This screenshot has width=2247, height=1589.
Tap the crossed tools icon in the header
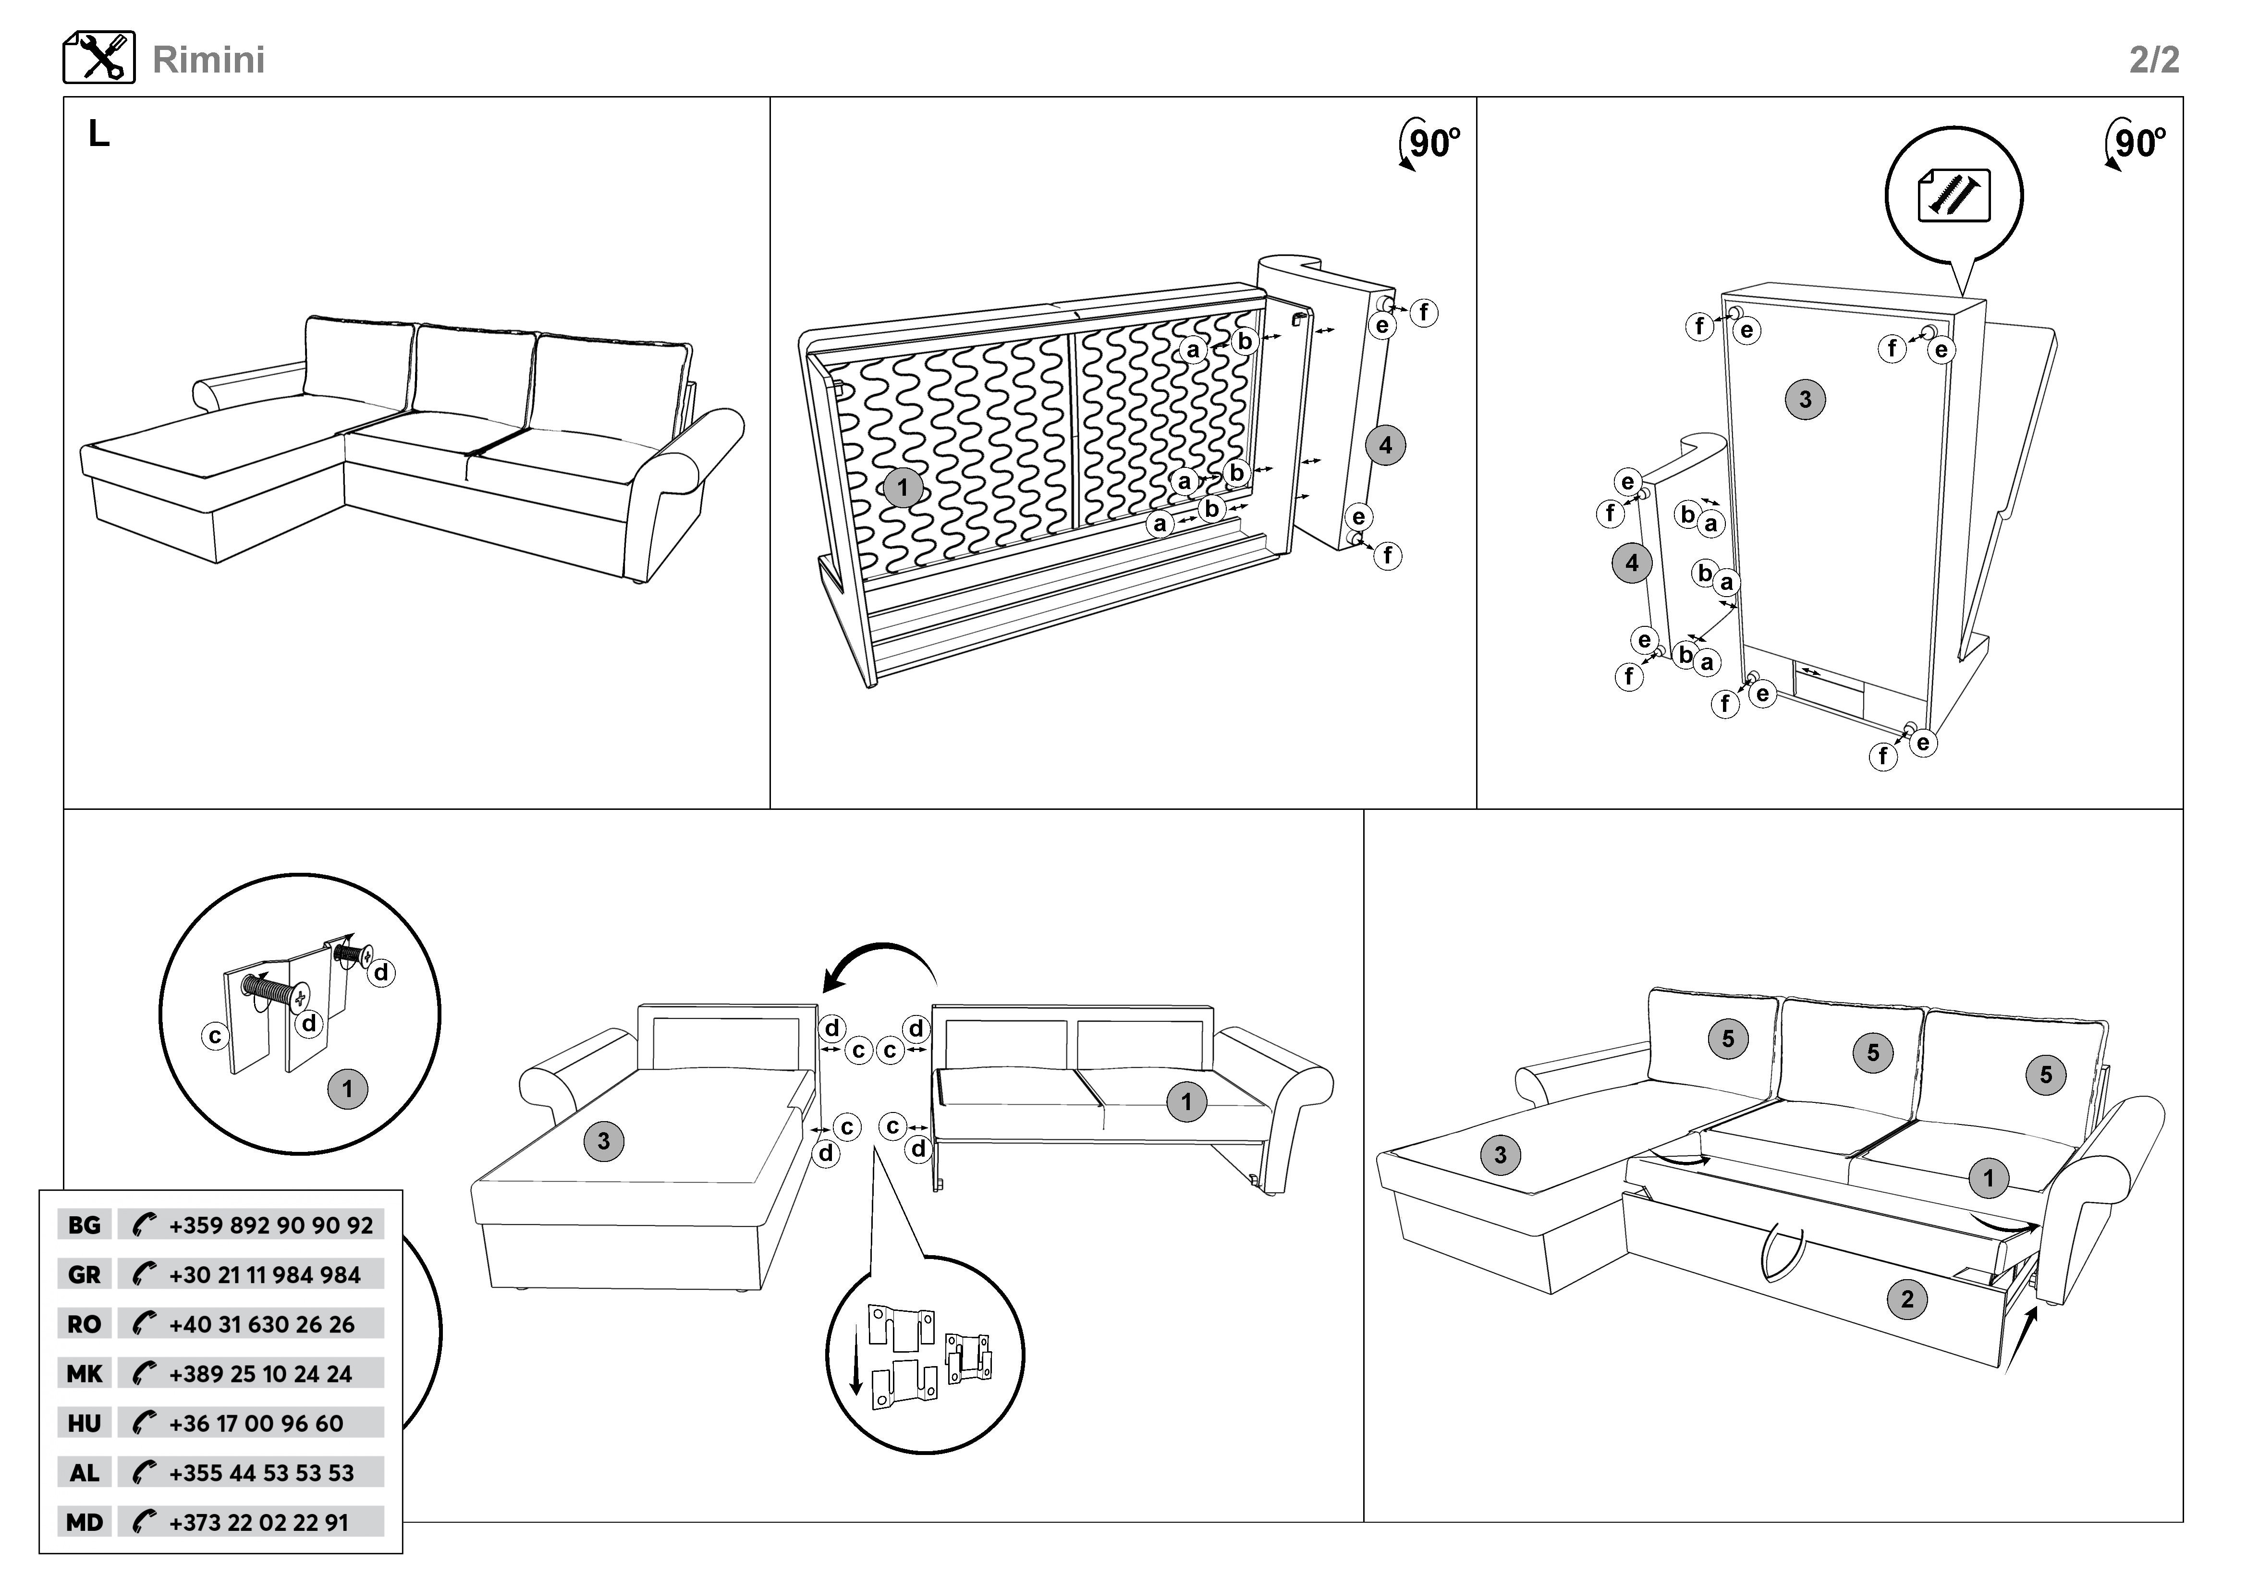(99, 58)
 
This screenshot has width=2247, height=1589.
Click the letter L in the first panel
(99, 134)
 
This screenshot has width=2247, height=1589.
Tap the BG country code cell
(84, 1225)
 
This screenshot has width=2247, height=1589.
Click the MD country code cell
(84, 1522)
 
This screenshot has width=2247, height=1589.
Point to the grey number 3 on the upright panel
(1805, 399)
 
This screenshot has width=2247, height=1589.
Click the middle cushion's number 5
(1872, 1053)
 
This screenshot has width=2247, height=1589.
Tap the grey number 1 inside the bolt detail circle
(347, 1089)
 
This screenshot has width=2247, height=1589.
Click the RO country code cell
(84, 1325)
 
